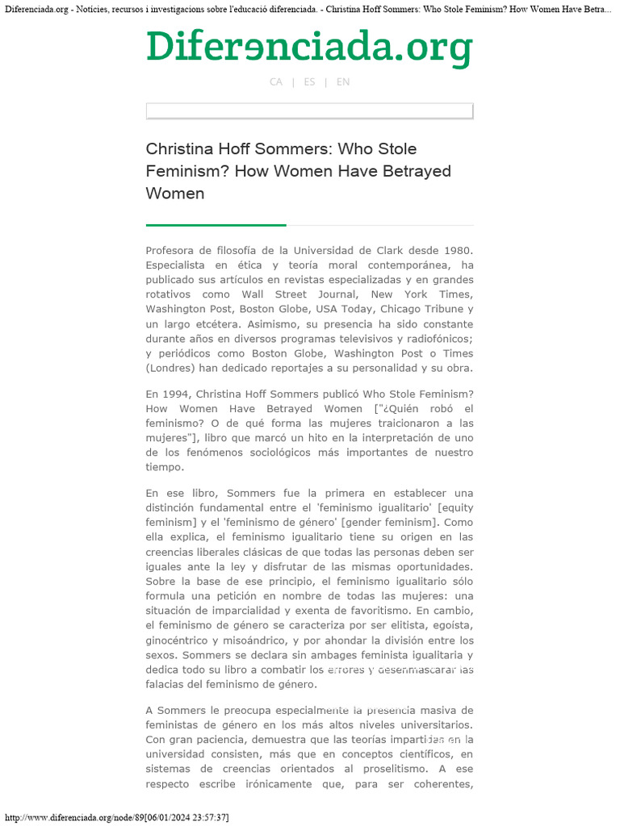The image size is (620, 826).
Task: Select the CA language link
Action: (276, 82)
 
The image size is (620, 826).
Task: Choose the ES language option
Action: (309, 82)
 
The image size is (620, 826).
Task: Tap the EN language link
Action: (343, 82)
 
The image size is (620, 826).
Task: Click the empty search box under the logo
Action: (309, 111)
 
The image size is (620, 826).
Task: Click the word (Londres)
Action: (170, 368)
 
